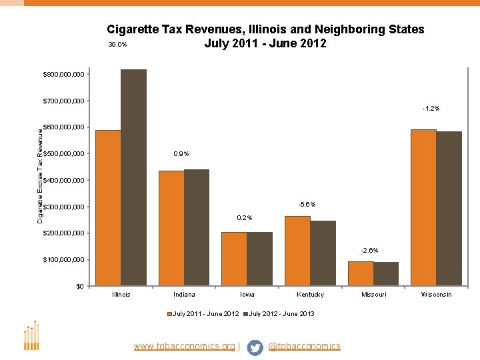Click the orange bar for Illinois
108,208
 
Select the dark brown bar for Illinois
133,178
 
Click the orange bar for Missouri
361,273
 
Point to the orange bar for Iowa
234,259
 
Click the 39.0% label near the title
117,45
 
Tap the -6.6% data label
307,204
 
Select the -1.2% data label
431,108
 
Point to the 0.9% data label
181,154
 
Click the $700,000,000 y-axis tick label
63,101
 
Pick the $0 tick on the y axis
79,287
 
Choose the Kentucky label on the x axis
310,295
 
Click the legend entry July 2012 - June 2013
281,313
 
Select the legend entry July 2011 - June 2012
205,313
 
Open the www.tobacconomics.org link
184,346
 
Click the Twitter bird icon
255,347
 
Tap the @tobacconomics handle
304,346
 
